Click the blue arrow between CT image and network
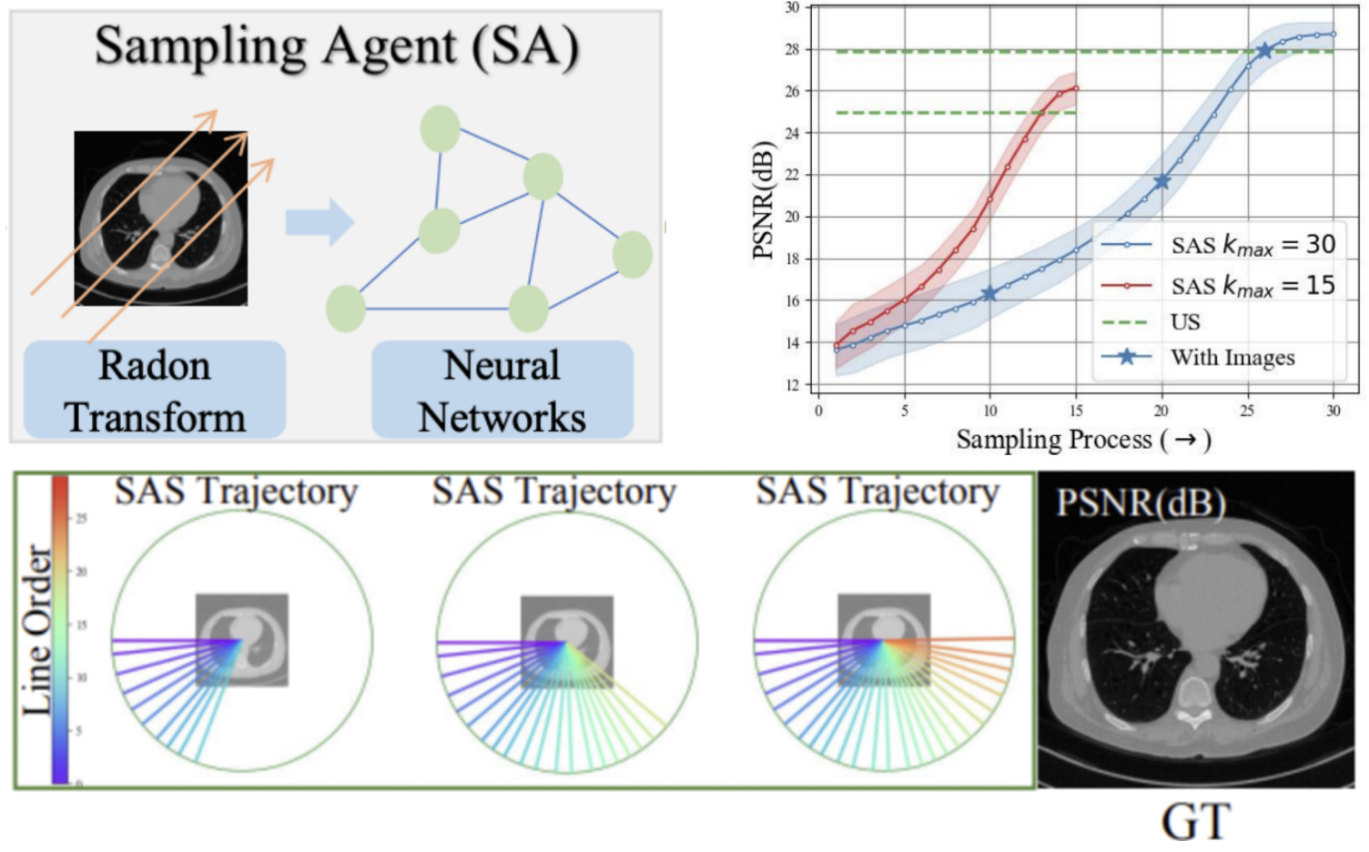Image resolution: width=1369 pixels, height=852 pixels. point(319,221)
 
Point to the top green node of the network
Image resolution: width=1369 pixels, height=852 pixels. point(441,128)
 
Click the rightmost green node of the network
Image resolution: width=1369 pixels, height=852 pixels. point(632,254)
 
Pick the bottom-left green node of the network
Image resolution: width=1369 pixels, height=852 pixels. point(346,308)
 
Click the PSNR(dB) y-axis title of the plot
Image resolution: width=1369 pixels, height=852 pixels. point(763,200)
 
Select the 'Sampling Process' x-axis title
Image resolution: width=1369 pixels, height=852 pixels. point(1083,441)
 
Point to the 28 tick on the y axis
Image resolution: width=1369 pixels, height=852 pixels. point(792,49)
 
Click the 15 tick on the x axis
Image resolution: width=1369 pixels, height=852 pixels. point(1076,411)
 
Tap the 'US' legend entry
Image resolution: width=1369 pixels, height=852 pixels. point(1185,322)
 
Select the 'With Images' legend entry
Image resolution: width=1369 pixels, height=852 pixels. point(1232,357)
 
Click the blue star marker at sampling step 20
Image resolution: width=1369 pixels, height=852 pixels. point(1161,182)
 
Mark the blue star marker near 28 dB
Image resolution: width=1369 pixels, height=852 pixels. point(1264,51)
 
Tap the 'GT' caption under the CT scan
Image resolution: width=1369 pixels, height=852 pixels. point(1196,821)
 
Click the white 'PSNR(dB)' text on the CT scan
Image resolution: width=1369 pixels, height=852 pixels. point(1141,502)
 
